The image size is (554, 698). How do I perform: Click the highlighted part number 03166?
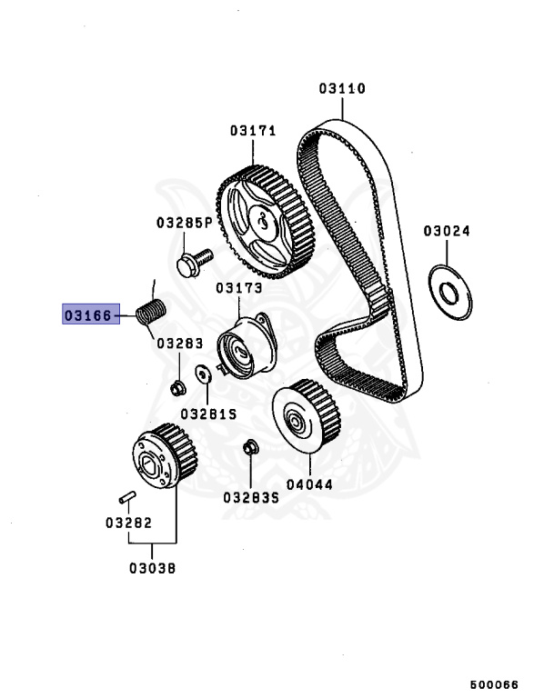click(x=86, y=315)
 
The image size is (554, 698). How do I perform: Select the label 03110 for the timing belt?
click(x=342, y=89)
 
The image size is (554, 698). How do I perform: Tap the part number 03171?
click(x=252, y=131)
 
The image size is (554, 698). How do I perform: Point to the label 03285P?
click(x=183, y=222)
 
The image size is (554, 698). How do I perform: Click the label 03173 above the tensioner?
click(x=238, y=288)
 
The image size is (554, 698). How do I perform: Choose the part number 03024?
click(x=446, y=231)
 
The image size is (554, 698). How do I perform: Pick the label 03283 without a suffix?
click(x=178, y=344)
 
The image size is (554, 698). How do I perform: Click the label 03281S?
click(x=208, y=413)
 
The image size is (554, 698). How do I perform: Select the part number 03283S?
click(x=250, y=496)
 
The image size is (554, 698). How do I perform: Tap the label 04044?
click(x=308, y=485)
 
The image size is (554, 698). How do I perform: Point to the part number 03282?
click(x=127, y=523)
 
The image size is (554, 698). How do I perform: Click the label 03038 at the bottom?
click(x=152, y=569)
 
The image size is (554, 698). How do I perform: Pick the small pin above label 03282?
click(x=127, y=496)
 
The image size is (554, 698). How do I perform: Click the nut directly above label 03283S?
click(x=249, y=447)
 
